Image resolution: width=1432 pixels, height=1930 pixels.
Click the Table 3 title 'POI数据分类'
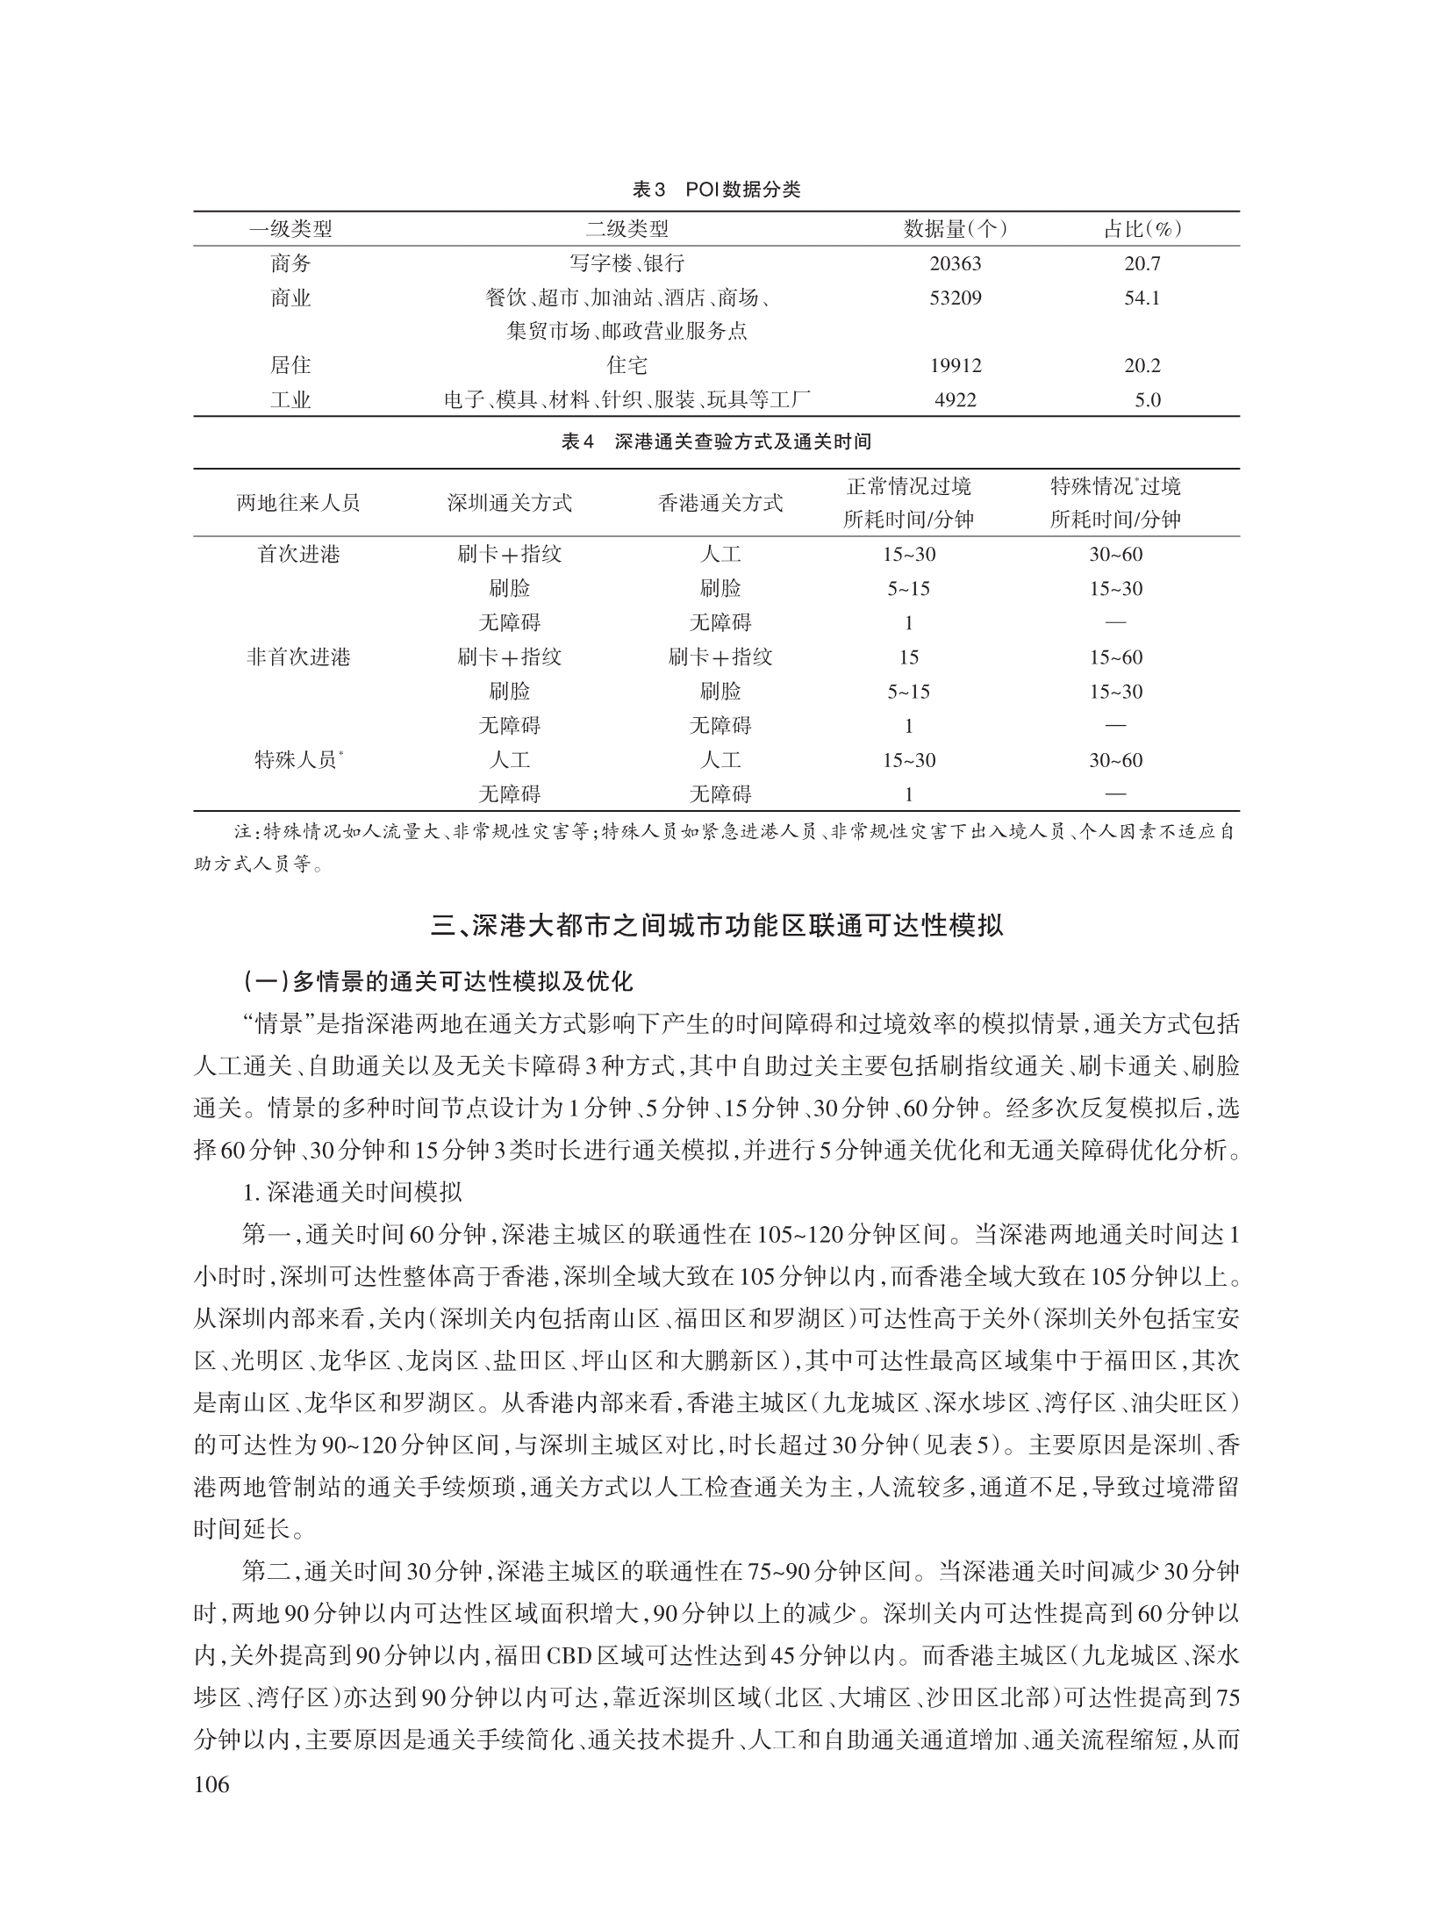click(x=716, y=190)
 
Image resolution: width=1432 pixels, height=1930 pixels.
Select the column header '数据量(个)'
click(x=956, y=230)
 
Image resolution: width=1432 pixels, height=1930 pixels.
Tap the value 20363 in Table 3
click(x=956, y=264)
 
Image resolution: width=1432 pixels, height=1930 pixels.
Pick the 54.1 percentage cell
click(x=1142, y=298)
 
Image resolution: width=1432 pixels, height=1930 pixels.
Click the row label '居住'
click(x=290, y=366)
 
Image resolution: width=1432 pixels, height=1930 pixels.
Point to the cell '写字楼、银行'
click(x=626, y=264)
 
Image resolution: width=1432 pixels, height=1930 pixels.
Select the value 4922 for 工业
click(x=956, y=401)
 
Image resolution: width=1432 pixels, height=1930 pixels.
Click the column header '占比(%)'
click(x=1142, y=230)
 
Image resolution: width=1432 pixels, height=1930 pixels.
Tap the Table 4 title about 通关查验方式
click(x=716, y=442)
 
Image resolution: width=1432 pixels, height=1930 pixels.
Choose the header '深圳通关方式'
click(x=509, y=503)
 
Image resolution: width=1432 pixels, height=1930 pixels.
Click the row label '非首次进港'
click(x=298, y=657)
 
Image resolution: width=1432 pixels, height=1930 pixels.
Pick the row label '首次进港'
click(x=298, y=555)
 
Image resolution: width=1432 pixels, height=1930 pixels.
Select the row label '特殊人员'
click(x=298, y=760)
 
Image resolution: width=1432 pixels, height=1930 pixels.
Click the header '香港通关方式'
click(x=720, y=503)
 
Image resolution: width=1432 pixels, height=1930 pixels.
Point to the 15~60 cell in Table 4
click(x=1116, y=657)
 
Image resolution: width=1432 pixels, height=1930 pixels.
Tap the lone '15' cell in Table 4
click(x=908, y=657)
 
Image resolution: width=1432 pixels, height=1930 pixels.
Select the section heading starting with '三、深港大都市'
click(x=716, y=927)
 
